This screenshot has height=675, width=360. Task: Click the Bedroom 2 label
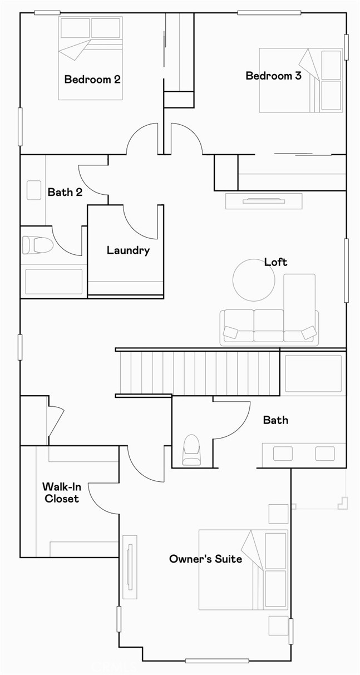point(92,79)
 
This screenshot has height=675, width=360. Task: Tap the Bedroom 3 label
point(273,76)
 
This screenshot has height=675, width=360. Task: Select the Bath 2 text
point(65,192)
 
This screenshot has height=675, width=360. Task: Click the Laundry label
point(128,250)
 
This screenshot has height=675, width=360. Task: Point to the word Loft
point(275,262)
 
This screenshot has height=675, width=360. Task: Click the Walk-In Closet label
point(61,492)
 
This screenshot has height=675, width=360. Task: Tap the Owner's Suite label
point(205,558)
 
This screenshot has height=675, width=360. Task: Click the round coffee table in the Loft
point(253,280)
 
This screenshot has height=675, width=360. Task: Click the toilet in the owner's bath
point(191,450)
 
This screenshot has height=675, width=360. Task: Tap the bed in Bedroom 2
point(90,58)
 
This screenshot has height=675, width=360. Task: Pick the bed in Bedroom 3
point(300,80)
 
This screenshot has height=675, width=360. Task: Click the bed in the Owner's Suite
point(243,569)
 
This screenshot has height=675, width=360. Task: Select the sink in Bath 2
point(33,190)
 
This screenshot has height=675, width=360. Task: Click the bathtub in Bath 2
point(53,281)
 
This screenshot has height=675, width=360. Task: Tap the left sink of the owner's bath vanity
point(283,454)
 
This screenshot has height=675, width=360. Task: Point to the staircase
point(198,372)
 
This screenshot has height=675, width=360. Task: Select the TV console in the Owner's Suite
point(130,566)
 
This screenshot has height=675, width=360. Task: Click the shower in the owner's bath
point(313,373)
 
